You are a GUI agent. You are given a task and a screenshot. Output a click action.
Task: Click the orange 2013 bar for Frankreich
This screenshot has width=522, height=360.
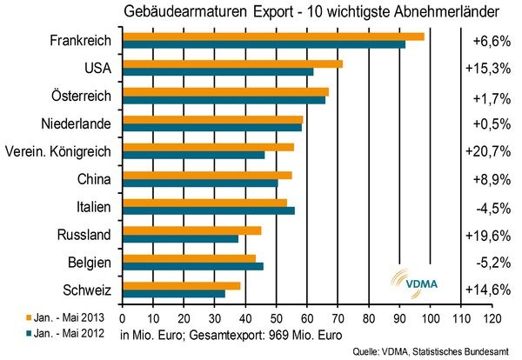[273, 36]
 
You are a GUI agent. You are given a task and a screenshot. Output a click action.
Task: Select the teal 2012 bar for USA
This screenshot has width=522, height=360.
[217, 72]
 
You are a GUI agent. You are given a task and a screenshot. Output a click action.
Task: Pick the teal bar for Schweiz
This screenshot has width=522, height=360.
[173, 294]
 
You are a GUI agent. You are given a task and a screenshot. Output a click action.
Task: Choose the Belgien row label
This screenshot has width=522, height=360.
[89, 263]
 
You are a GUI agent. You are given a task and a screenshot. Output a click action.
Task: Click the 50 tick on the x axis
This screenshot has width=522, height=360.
[276, 317]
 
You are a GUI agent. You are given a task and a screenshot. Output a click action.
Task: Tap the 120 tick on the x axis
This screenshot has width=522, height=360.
[492, 317]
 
